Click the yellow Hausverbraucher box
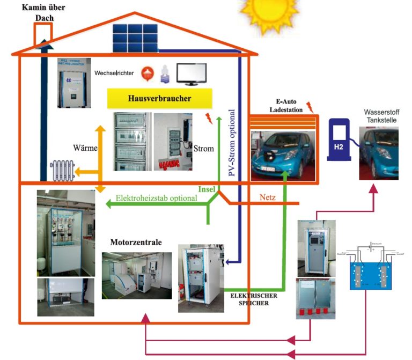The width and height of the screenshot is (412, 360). pos(160,99)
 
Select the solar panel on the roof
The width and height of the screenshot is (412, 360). pos(135,37)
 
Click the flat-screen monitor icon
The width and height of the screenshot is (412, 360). pos(192,74)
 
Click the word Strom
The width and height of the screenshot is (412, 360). pos(203,148)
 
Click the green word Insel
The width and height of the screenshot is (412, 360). pos(207,189)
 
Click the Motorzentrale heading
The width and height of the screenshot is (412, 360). pos(136,242)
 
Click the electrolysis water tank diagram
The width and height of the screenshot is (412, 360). pos(370,269)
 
